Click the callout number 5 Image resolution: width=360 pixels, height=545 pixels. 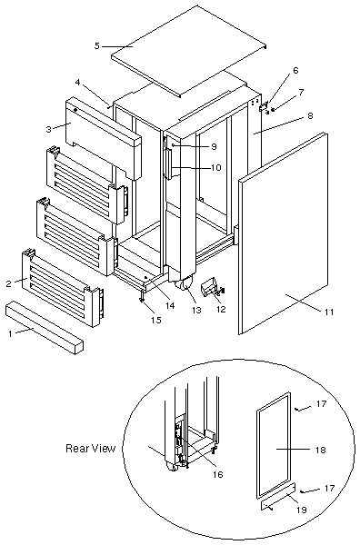pos(96,45)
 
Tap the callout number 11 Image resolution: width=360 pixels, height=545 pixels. pos(329,312)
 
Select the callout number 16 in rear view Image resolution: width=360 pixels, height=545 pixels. pos(218,474)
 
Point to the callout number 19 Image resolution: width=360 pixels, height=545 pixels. pos(301,510)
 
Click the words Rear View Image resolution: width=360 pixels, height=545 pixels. pos(90,448)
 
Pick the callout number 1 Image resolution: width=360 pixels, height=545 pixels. pos(10,333)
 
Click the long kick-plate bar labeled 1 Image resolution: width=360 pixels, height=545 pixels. pos(45,327)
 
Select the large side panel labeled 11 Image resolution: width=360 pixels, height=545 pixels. pos(284,233)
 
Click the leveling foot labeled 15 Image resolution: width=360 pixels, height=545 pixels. pos(143,298)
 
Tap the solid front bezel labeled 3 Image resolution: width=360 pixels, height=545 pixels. pos(104,138)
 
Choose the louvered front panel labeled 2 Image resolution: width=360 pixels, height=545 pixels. pos(63,289)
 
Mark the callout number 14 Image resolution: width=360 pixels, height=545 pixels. pos(170,305)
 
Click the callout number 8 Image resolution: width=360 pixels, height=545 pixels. pos(309,115)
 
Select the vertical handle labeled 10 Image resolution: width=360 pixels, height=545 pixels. pos(170,163)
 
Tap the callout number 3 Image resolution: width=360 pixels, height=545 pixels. pos(48,129)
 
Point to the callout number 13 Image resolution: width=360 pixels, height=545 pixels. pos(197,310)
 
